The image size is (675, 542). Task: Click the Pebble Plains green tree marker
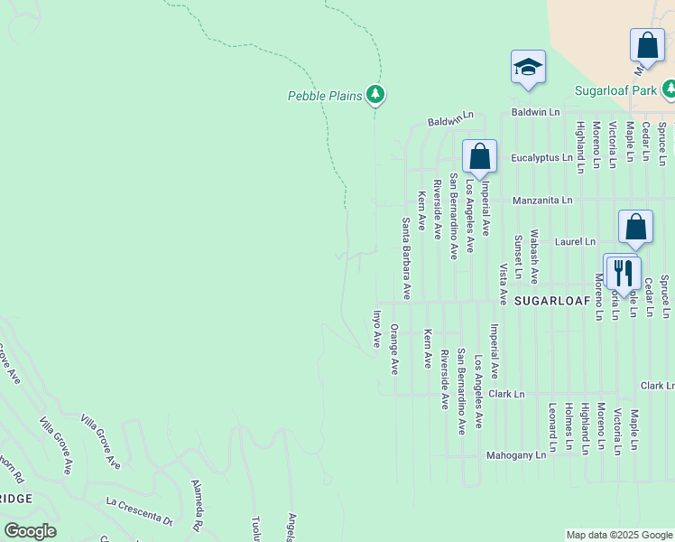point(375,94)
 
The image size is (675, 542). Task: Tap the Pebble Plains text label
point(325,95)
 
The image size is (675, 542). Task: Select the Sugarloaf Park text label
point(616,90)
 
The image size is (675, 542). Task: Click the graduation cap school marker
point(528,68)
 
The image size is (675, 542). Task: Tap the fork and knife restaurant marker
point(623,270)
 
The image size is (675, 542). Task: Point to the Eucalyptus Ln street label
point(541,157)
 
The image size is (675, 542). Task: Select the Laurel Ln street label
point(576,242)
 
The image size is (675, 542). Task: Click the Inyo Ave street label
point(377,329)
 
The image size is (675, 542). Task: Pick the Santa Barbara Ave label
point(407,258)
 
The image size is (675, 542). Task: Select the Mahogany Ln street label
point(515,455)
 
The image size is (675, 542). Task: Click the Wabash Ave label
point(534,257)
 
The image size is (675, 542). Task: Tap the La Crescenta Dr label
point(138,511)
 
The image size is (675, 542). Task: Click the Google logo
point(30,531)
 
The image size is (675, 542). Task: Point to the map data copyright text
point(618,535)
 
